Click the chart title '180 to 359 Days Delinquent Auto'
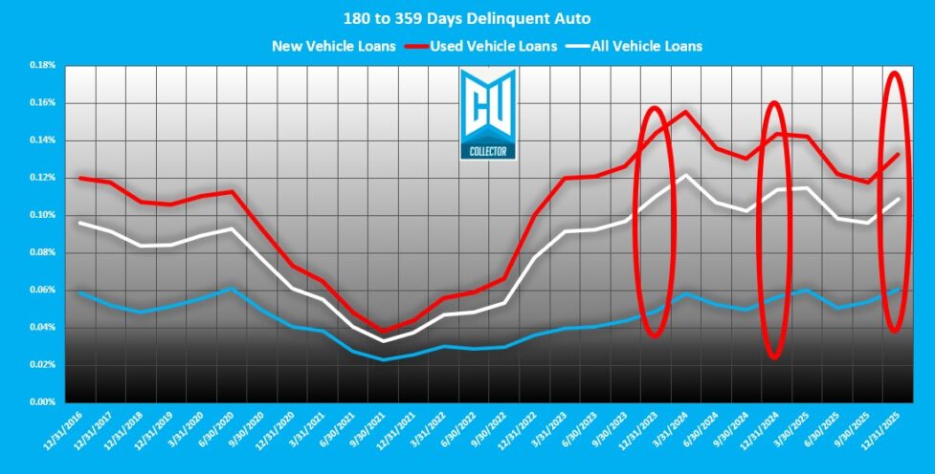[467, 16]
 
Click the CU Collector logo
[488, 114]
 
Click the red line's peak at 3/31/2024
[685, 112]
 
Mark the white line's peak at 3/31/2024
[685, 176]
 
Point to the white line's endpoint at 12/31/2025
[897, 199]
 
